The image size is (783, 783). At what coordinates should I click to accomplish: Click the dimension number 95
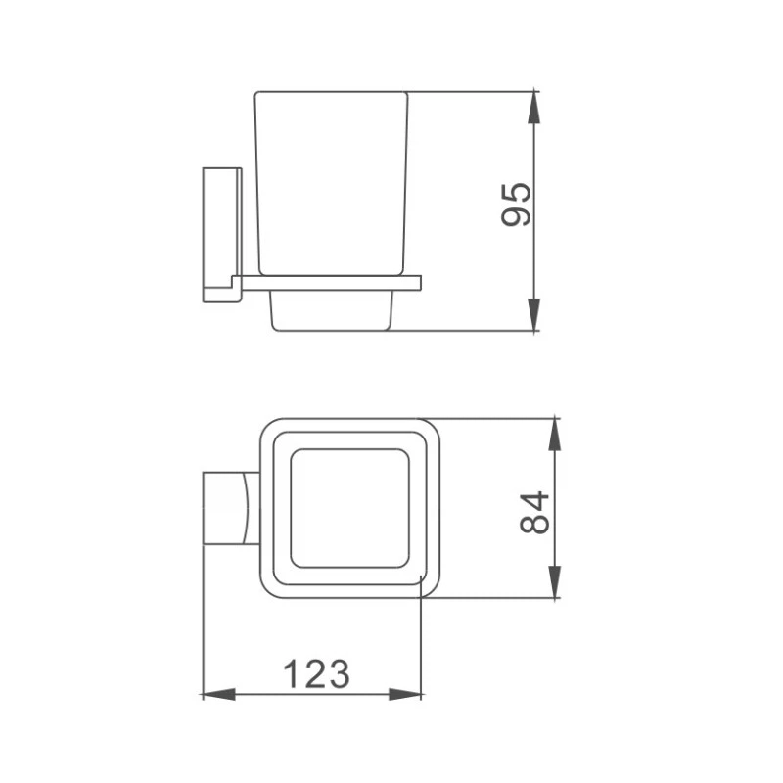516,205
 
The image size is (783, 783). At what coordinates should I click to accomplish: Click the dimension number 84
534,513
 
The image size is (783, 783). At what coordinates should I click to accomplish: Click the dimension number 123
316,674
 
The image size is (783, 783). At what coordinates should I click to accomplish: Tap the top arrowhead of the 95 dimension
534,107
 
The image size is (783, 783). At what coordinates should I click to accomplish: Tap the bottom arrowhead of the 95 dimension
534,314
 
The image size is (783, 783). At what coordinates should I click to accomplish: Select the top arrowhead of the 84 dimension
554,435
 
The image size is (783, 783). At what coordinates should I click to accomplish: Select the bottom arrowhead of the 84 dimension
554,581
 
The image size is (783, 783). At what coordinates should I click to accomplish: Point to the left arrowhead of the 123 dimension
218,694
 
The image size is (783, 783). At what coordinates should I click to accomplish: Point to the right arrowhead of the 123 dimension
405,694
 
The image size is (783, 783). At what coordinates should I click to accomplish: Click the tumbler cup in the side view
332,183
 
